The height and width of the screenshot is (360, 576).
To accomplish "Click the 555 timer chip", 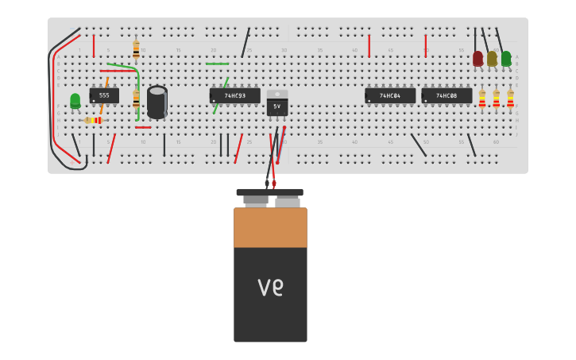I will (x=103, y=95).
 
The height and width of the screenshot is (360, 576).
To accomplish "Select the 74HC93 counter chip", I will (x=234, y=95).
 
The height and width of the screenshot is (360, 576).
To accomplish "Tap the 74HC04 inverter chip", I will (x=389, y=95).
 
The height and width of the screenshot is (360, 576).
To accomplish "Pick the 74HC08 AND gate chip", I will (x=446, y=95).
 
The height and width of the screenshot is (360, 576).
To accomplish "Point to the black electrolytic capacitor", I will (x=157, y=102).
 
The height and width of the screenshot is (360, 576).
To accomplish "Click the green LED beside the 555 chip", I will (x=75, y=100).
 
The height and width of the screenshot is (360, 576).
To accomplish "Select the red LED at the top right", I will (x=477, y=58).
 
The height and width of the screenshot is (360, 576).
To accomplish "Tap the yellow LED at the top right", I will (x=492, y=58).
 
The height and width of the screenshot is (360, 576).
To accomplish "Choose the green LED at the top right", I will (x=506, y=58).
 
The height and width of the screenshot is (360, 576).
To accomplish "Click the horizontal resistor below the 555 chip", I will (x=93, y=120).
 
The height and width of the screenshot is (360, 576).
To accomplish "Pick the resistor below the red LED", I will (x=481, y=99).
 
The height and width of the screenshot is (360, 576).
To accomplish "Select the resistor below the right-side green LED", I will (x=510, y=99).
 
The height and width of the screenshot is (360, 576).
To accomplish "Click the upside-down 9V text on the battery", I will (x=270, y=286).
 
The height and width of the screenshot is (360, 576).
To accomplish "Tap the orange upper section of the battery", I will (x=270, y=227).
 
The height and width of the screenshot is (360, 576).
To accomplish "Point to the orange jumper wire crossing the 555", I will (x=104, y=94).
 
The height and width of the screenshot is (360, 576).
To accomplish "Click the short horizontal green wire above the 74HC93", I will (x=217, y=64).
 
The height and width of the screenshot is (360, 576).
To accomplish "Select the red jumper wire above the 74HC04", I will (x=369, y=45).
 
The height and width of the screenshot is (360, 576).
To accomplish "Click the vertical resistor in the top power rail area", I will (x=136, y=49).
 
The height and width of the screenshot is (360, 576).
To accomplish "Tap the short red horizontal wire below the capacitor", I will (x=143, y=127).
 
